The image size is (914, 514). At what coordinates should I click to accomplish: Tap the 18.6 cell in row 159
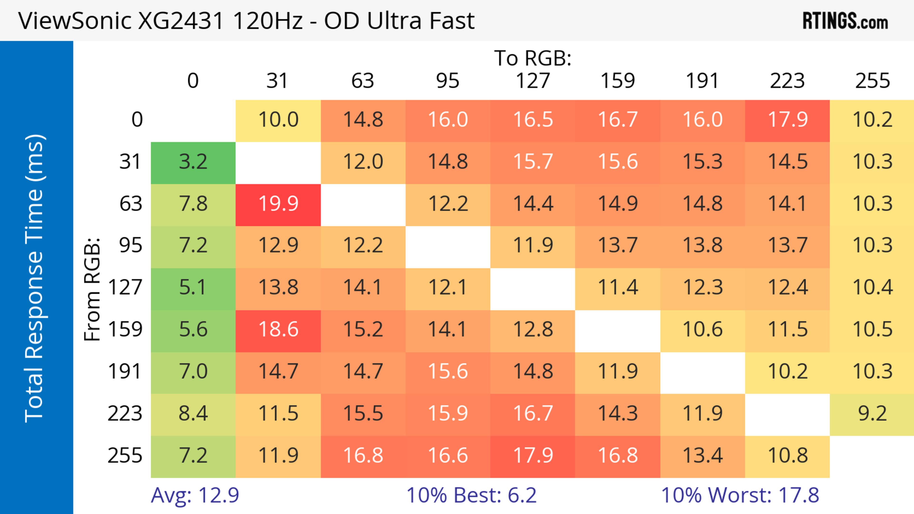(278, 330)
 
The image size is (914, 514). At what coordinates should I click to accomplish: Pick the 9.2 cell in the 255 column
(872, 414)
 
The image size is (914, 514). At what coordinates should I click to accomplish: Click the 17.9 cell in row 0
(787, 120)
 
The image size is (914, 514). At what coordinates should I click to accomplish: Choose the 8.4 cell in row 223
(193, 414)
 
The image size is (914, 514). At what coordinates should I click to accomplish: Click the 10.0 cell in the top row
(278, 120)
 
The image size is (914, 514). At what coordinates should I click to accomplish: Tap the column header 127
(533, 81)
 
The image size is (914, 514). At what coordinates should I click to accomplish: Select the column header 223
(787, 81)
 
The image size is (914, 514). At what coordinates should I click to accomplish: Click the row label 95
(131, 245)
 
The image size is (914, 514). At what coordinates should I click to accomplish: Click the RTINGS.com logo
(845, 21)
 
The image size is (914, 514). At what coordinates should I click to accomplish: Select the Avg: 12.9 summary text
(195, 495)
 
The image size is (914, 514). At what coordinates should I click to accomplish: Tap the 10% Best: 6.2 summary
(471, 495)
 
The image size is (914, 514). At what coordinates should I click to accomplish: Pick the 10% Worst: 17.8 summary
(740, 495)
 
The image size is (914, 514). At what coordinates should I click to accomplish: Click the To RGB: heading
(533, 58)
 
